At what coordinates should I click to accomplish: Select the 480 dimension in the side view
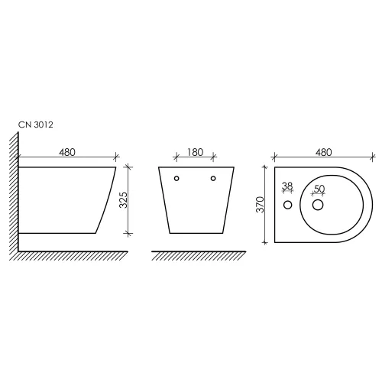[67, 152]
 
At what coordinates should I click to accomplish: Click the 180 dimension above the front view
[195, 152]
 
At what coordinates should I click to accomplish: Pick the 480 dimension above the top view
[323, 152]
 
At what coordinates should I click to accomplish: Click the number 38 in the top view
[287, 186]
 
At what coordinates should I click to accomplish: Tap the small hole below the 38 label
[288, 206]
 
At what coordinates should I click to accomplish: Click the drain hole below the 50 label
[319, 206]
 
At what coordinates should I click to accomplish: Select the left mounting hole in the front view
[176, 179]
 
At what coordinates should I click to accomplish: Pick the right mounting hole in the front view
[212, 179]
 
